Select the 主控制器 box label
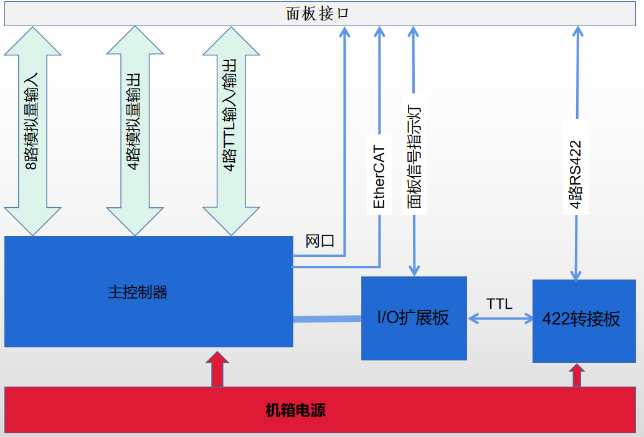pyautogui.click(x=138, y=292)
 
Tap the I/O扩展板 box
pyautogui.click(x=414, y=317)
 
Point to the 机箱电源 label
pyautogui.click(x=295, y=411)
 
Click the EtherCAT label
pyautogui.click(x=379, y=177)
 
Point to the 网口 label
pyautogui.click(x=320, y=241)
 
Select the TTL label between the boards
pyautogui.click(x=500, y=304)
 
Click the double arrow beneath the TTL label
pyautogui.click(x=500, y=319)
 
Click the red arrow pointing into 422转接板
pyautogui.click(x=577, y=375)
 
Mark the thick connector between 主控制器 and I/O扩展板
pyautogui.click(x=327, y=319)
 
